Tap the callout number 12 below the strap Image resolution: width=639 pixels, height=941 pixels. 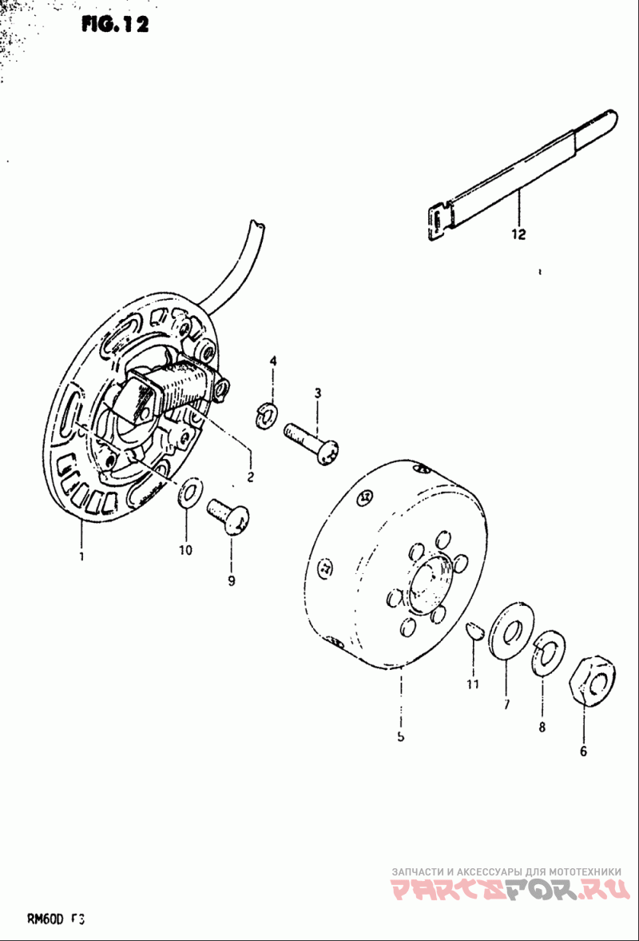pos(518,234)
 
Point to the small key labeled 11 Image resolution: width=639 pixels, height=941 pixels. pos(474,630)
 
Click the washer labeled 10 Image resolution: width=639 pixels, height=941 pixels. pos(189,493)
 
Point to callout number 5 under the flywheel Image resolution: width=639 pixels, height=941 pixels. pos(400,736)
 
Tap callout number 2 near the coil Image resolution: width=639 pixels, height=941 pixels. pos(250,477)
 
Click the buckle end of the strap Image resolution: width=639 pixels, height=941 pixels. pos(437,221)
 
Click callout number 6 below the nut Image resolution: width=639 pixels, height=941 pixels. pos(583,751)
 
